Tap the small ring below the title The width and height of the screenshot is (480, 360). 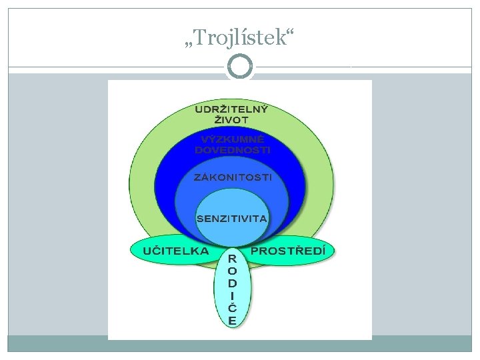point(240,67)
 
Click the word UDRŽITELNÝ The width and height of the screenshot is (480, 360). point(231,109)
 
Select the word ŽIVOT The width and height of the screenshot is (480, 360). point(231,120)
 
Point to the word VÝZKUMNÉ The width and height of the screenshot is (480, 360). point(233,140)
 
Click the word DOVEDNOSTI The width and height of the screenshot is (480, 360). point(233,151)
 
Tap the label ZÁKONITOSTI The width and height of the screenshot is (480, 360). point(233,177)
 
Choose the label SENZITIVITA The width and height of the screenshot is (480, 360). point(232,218)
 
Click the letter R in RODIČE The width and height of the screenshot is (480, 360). point(232,259)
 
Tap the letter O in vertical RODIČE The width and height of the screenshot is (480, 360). point(232,271)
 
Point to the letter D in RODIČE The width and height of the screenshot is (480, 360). point(232,283)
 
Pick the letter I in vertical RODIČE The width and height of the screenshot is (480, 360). point(232,295)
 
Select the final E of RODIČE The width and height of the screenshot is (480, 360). point(232,320)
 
